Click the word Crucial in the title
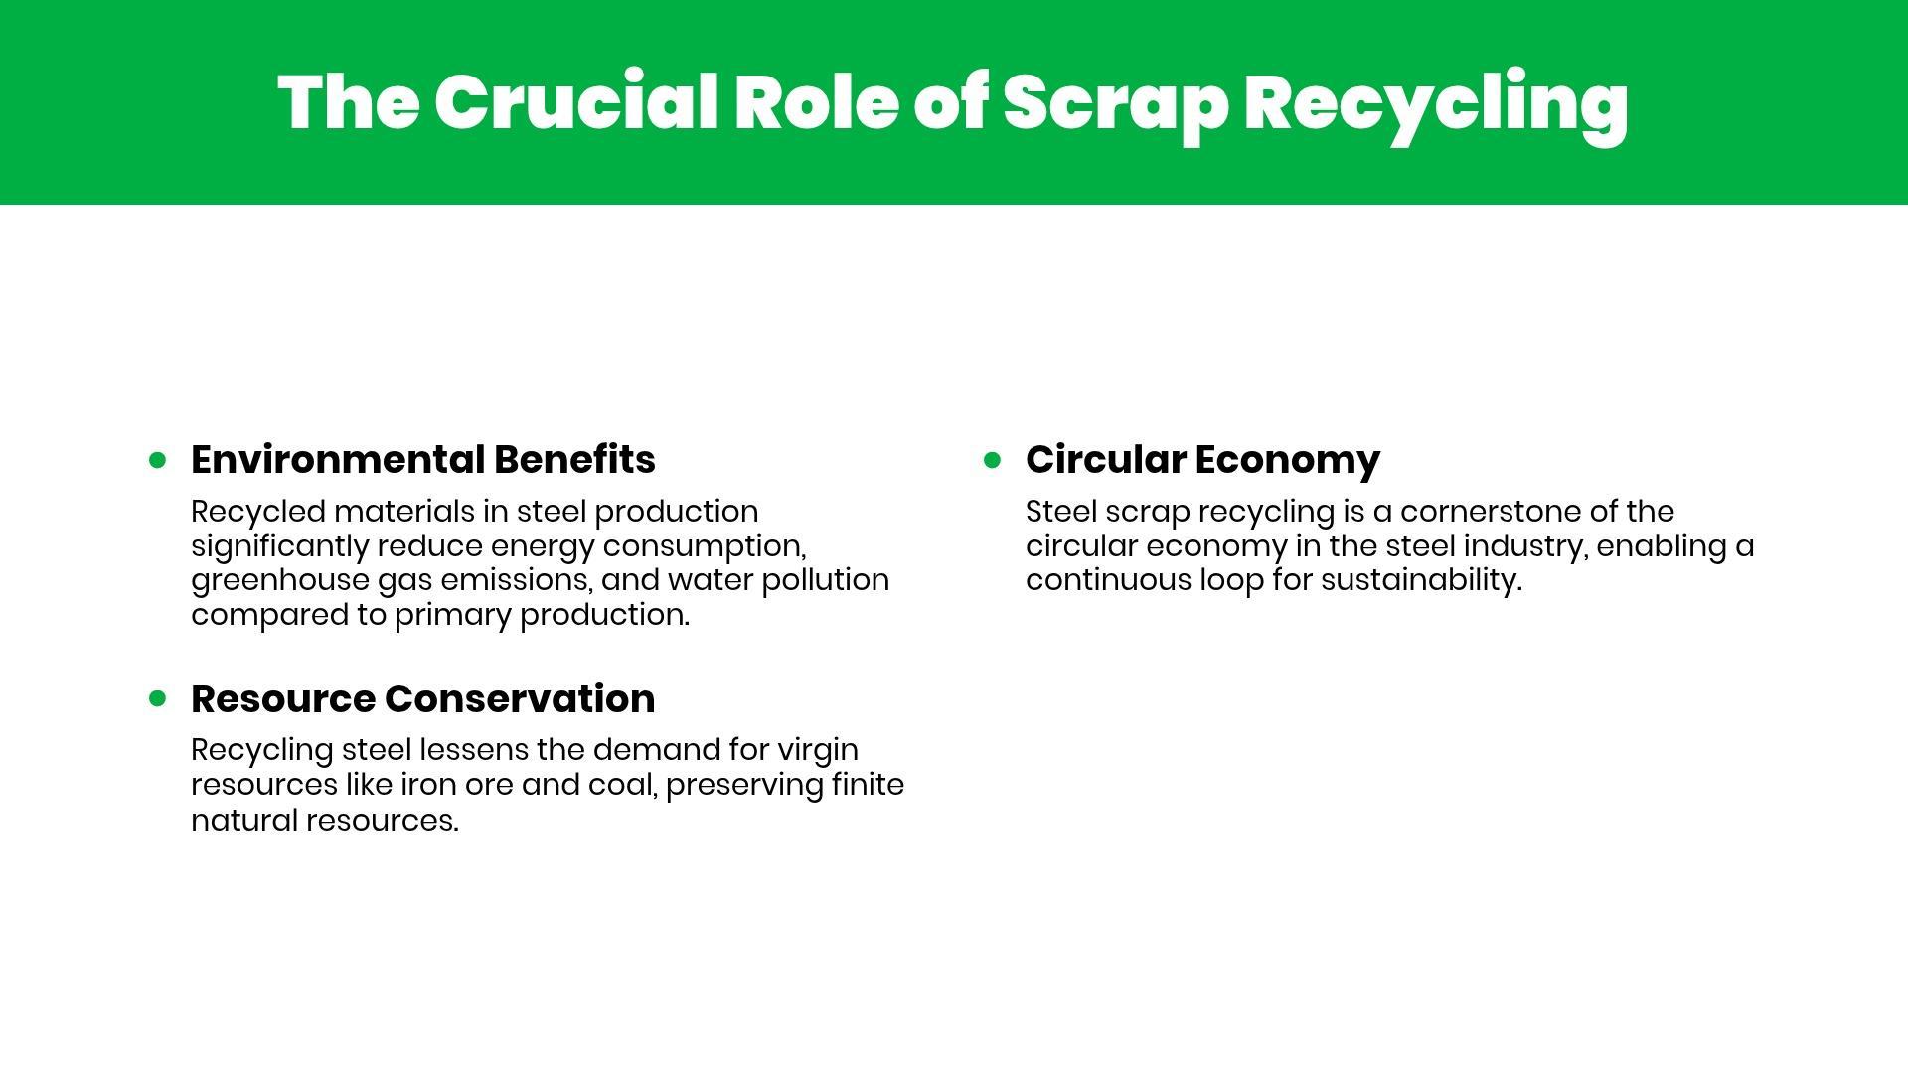point(576,102)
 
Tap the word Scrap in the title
point(1116,107)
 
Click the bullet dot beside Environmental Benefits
point(157,459)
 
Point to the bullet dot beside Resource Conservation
point(157,698)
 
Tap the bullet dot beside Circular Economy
point(992,459)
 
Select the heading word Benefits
point(574,459)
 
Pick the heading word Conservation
point(520,698)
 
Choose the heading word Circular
point(1105,459)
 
